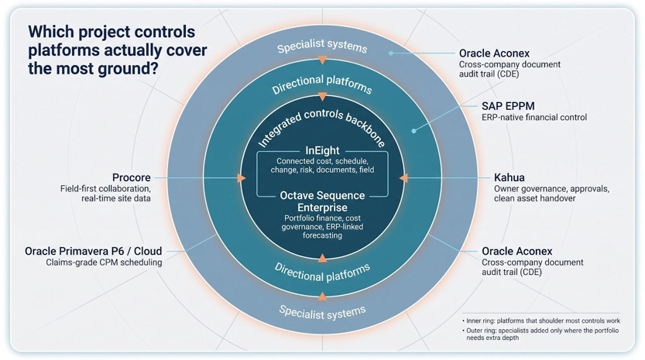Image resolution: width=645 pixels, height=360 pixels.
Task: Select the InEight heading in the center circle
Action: [x=322, y=151]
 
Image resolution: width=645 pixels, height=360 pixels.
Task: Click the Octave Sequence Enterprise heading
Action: [x=322, y=201]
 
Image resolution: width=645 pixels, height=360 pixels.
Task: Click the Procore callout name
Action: [x=131, y=178]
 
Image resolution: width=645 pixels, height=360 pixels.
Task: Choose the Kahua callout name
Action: [x=509, y=178]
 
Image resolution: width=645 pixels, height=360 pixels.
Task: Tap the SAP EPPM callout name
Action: [x=508, y=106]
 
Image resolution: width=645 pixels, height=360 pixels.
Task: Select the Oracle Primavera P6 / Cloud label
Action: [x=94, y=251]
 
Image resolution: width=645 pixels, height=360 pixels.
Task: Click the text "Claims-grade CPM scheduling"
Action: [x=104, y=262]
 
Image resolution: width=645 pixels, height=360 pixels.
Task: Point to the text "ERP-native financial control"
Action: [x=534, y=117]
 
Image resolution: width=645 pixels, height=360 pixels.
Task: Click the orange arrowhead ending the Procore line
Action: [x=242, y=178]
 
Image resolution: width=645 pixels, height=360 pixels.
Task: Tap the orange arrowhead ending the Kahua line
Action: [x=403, y=178]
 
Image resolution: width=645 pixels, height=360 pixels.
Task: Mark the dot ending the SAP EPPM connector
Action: [x=413, y=132]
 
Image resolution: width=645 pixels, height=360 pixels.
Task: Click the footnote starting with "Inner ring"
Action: [x=541, y=321]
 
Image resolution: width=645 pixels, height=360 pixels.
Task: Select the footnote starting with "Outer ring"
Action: [x=540, y=334]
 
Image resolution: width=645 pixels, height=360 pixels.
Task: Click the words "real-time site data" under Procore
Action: [x=116, y=198]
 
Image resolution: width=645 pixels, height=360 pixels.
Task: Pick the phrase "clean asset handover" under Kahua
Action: [x=535, y=198]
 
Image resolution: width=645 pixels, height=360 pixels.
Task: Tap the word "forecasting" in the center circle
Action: [x=322, y=236]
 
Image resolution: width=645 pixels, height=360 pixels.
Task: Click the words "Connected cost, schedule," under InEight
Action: [x=322, y=161]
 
